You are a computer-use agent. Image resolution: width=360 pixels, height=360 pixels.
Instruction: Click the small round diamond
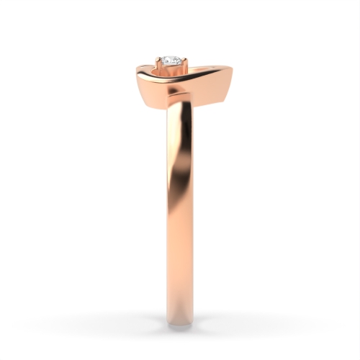171,61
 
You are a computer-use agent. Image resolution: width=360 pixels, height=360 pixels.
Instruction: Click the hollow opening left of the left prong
149,69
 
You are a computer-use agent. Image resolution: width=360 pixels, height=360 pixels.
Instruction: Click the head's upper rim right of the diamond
205,70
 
